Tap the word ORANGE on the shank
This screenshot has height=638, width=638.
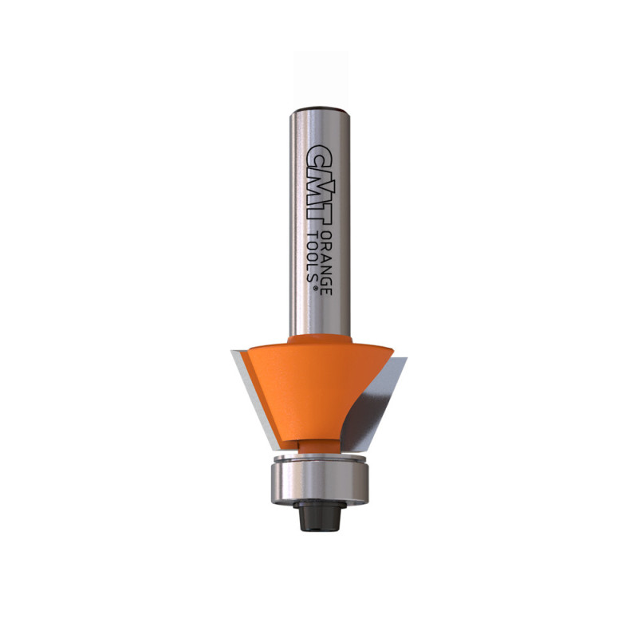pos(327,264)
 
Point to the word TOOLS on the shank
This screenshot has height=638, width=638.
pos(313,257)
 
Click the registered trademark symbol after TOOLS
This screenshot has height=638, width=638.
pos(314,288)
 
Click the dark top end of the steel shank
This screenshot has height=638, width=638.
pos(320,110)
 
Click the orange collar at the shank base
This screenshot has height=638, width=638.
pos(320,340)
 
